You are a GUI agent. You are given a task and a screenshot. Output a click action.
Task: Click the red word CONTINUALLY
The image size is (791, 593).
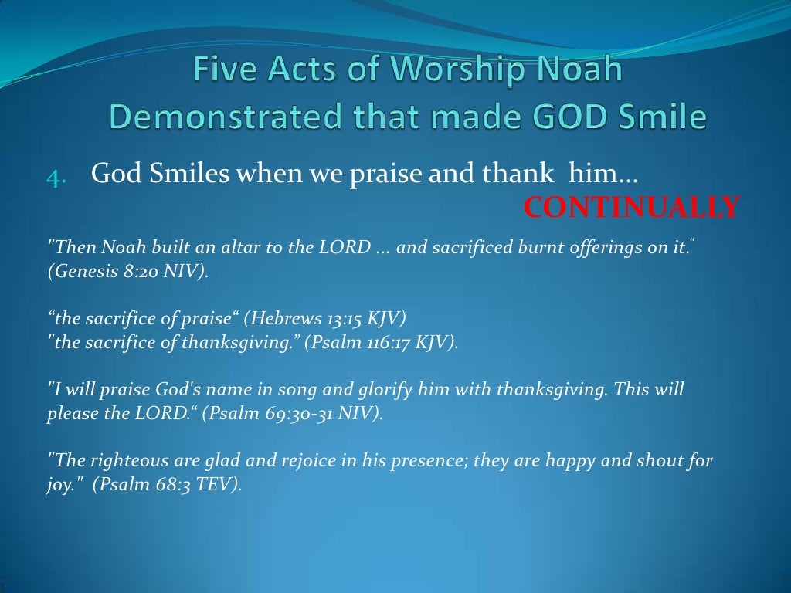[632, 207]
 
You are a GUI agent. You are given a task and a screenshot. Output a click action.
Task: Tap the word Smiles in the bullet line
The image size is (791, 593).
[188, 175]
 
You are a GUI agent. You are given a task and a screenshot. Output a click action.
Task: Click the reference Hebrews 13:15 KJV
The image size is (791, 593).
[325, 319]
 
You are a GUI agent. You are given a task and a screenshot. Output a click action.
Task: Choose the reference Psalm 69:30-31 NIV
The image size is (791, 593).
[292, 413]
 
